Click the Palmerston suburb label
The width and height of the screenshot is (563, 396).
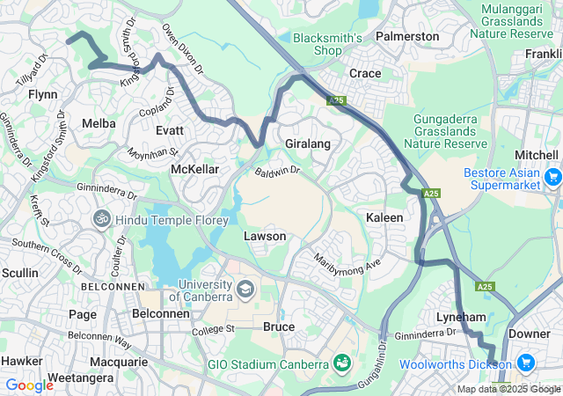coord(407,36)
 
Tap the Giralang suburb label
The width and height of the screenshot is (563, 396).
coord(307,143)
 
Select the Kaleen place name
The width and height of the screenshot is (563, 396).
coord(384,217)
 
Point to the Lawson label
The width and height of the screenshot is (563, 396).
coord(265,237)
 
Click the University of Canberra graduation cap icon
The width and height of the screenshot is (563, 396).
coord(245,289)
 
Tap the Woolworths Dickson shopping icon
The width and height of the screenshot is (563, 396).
coord(526,363)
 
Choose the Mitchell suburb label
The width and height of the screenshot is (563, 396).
coord(536,153)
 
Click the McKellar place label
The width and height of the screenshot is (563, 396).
coord(194,168)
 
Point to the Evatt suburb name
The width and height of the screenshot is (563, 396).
coord(169,129)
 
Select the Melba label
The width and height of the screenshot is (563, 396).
coord(99,123)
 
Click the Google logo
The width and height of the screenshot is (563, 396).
coord(29,385)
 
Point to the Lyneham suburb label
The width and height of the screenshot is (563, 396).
coord(462,316)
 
